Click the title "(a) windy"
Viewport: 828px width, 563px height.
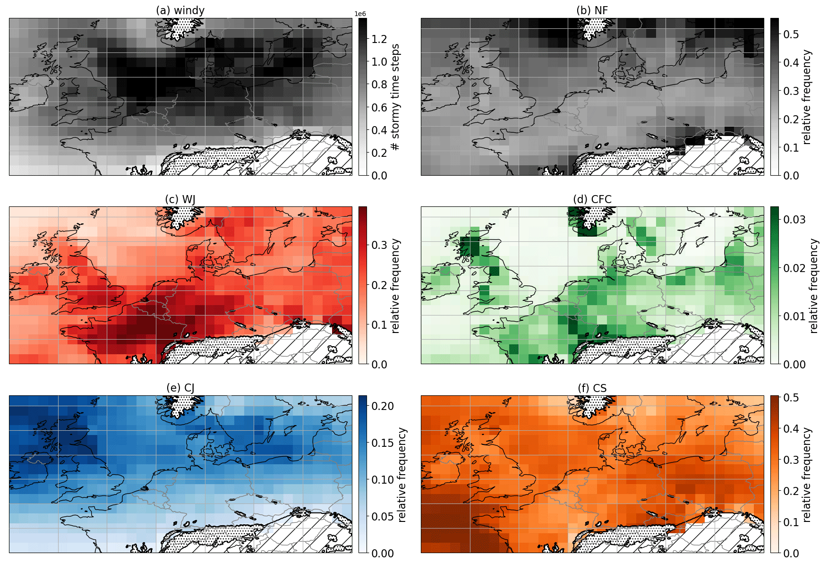tap(180, 10)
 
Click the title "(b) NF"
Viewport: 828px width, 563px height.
tap(592, 10)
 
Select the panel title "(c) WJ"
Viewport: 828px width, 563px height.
tap(180, 199)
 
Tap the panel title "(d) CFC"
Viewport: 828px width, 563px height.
tap(592, 199)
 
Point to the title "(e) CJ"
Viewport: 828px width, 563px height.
tap(180, 388)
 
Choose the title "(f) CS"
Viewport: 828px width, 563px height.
tap(592, 388)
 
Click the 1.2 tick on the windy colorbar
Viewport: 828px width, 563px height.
tap(379, 39)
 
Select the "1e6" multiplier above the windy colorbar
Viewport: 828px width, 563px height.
tap(360, 14)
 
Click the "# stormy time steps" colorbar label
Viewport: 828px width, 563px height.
tap(395, 97)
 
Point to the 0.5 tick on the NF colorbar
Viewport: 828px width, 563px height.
tap(791, 34)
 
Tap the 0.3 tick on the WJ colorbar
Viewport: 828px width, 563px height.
tap(379, 245)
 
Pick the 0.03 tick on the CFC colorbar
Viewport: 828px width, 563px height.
tap(794, 220)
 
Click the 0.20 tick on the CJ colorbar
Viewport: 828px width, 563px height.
tap(383, 406)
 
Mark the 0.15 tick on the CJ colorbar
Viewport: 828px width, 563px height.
tap(383, 443)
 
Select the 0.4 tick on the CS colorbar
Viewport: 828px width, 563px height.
tap(791, 429)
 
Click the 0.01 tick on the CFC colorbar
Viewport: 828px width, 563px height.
tap(794, 316)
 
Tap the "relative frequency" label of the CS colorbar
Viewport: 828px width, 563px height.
tap(807, 475)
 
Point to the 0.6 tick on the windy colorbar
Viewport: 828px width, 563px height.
tap(379, 107)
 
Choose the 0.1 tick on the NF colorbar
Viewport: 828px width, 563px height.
tap(791, 147)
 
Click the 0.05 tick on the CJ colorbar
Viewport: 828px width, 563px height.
tap(383, 517)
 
